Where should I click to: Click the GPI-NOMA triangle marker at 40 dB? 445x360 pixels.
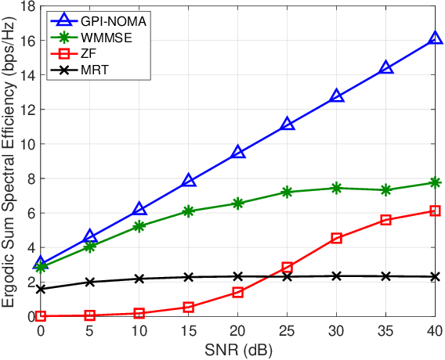click(x=436, y=38)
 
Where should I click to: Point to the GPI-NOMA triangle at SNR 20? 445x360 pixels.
click(x=238, y=153)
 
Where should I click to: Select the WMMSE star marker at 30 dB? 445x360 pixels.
click(x=337, y=188)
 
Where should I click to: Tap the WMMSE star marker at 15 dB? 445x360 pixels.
click(x=189, y=211)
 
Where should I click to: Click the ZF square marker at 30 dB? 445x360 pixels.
click(x=337, y=238)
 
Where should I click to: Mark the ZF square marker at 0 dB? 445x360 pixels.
click(x=41, y=316)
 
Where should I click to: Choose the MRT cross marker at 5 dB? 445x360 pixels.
click(x=90, y=282)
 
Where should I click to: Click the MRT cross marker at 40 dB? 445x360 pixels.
click(x=436, y=276)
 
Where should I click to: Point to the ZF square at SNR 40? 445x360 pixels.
click(x=436, y=211)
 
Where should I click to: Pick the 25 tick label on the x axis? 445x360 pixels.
click(x=288, y=331)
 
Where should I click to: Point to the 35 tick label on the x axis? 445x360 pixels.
click(x=386, y=331)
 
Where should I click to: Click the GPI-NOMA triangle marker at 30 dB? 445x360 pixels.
click(x=337, y=96)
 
